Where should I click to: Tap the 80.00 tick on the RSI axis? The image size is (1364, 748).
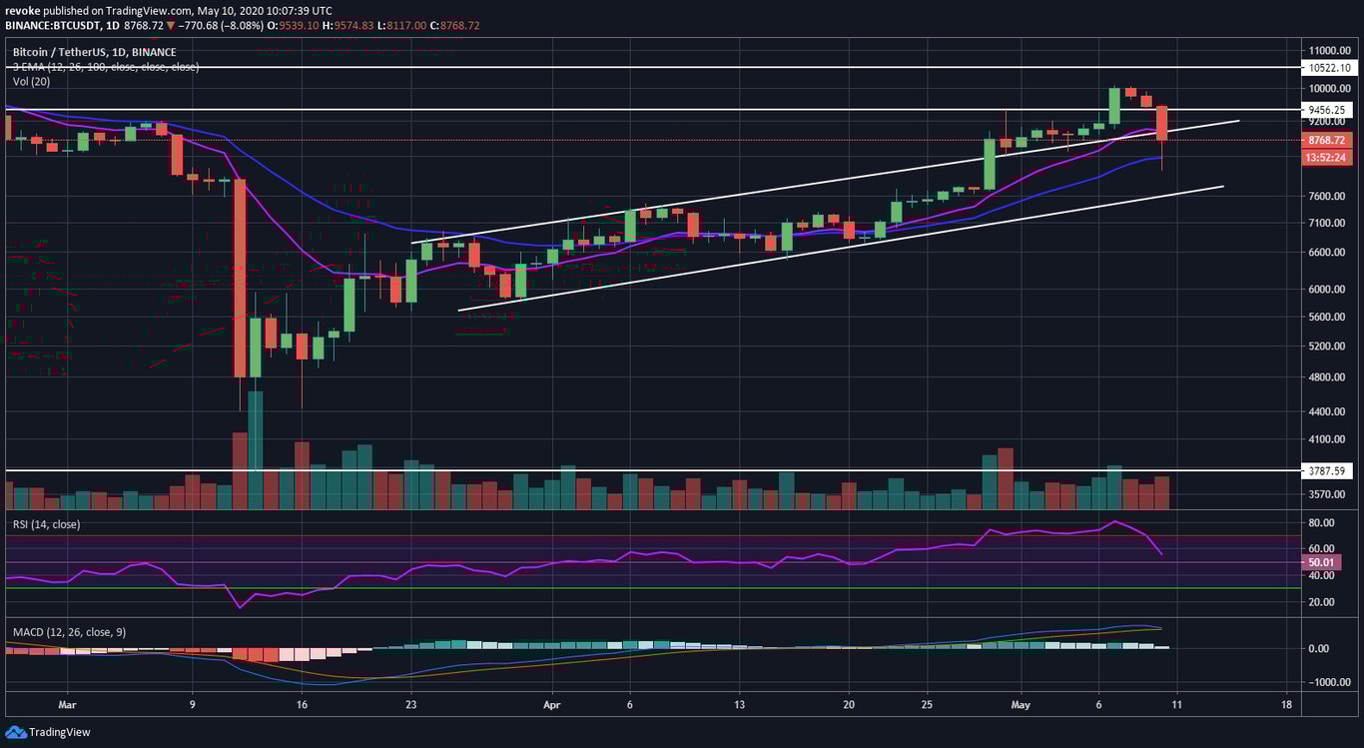pyautogui.click(x=1323, y=523)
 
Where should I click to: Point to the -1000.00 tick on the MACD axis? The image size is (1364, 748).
pyautogui.click(x=1326, y=682)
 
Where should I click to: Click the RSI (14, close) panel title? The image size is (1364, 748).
pyautogui.click(x=46, y=524)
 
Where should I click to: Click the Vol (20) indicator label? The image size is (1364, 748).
pyautogui.click(x=32, y=81)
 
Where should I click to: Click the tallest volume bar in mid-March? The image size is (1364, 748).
pyautogui.click(x=255, y=451)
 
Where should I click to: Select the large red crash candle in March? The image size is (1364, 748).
pyautogui.click(x=240, y=280)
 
